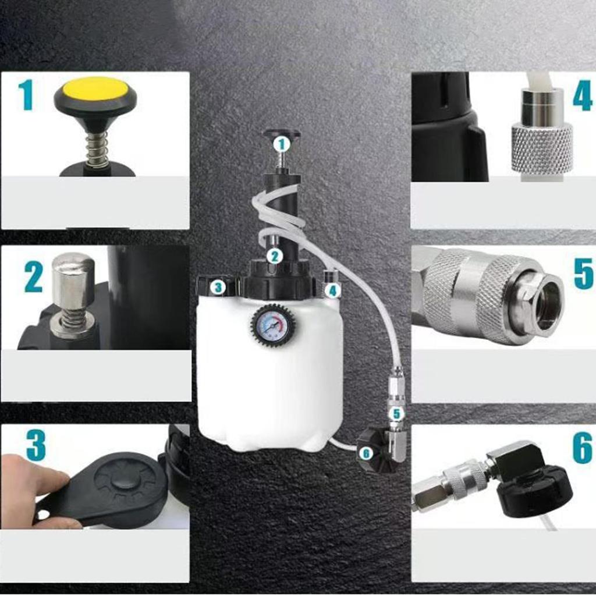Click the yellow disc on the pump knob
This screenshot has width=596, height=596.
[95, 88]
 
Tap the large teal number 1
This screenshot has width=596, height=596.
[25, 95]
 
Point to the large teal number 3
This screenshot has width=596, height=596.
[36, 446]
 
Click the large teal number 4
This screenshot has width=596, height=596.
[582, 97]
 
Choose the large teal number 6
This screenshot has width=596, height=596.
[583, 449]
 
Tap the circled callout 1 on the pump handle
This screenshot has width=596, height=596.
[282, 144]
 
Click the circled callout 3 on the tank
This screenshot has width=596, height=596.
[218, 287]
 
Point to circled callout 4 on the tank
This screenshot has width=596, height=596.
[332, 289]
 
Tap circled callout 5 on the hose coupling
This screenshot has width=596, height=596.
[396, 414]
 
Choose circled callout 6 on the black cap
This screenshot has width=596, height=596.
[366, 452]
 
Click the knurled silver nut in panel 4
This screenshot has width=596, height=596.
[542, 149]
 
